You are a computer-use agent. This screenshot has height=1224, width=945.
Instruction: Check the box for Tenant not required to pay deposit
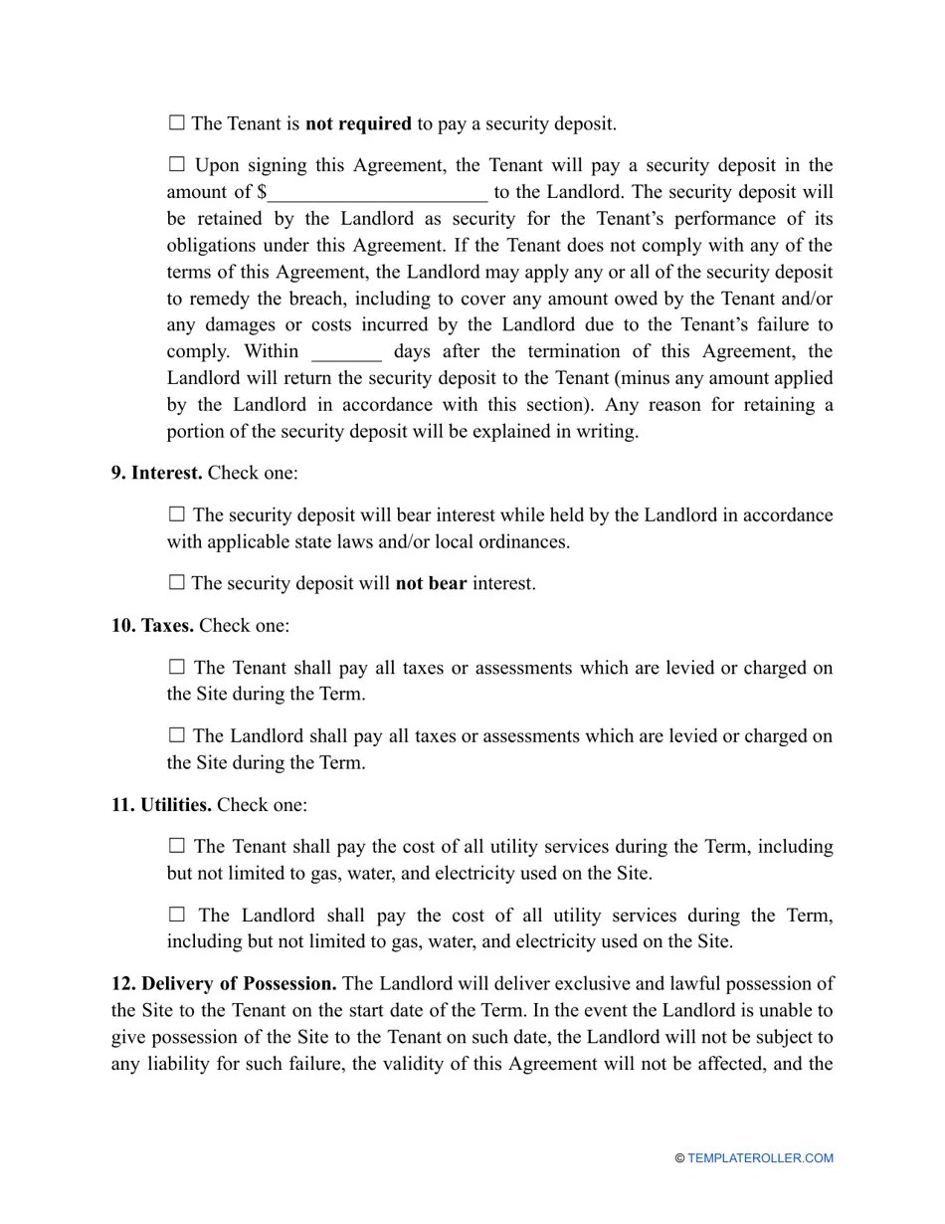point(177,123)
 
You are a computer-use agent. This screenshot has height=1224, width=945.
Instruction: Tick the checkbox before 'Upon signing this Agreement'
point(177,164)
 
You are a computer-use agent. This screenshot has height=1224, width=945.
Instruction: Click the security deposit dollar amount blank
point(377,192)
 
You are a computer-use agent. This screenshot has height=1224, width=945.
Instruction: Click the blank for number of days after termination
point(346,352)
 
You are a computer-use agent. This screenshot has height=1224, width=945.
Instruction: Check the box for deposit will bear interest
point(177,514)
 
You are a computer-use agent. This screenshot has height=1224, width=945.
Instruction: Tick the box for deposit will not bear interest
point(177,582)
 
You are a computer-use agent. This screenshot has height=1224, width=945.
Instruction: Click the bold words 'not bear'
point(431,583)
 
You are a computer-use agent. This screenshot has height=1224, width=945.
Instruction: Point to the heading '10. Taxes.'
point(152,626)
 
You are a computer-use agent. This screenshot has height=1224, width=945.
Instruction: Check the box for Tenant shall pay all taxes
point(177,667)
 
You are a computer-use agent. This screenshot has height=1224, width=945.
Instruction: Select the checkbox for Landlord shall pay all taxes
point(177,735)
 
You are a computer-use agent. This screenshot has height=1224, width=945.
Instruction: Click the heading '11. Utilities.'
point(161,805)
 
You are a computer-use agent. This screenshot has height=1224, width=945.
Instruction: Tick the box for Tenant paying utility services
point(177,846)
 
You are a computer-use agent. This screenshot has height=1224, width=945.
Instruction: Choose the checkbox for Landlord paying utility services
point(177,915)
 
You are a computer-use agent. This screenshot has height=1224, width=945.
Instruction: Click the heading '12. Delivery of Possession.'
point(224,984)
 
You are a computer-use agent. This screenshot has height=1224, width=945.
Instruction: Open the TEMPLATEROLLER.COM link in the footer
point(760,1158)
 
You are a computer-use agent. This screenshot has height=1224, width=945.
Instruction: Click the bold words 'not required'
point(358,124)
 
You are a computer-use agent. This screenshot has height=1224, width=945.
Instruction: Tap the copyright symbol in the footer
point(679,1158)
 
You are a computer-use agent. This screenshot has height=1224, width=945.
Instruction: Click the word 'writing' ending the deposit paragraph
point(608,432)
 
